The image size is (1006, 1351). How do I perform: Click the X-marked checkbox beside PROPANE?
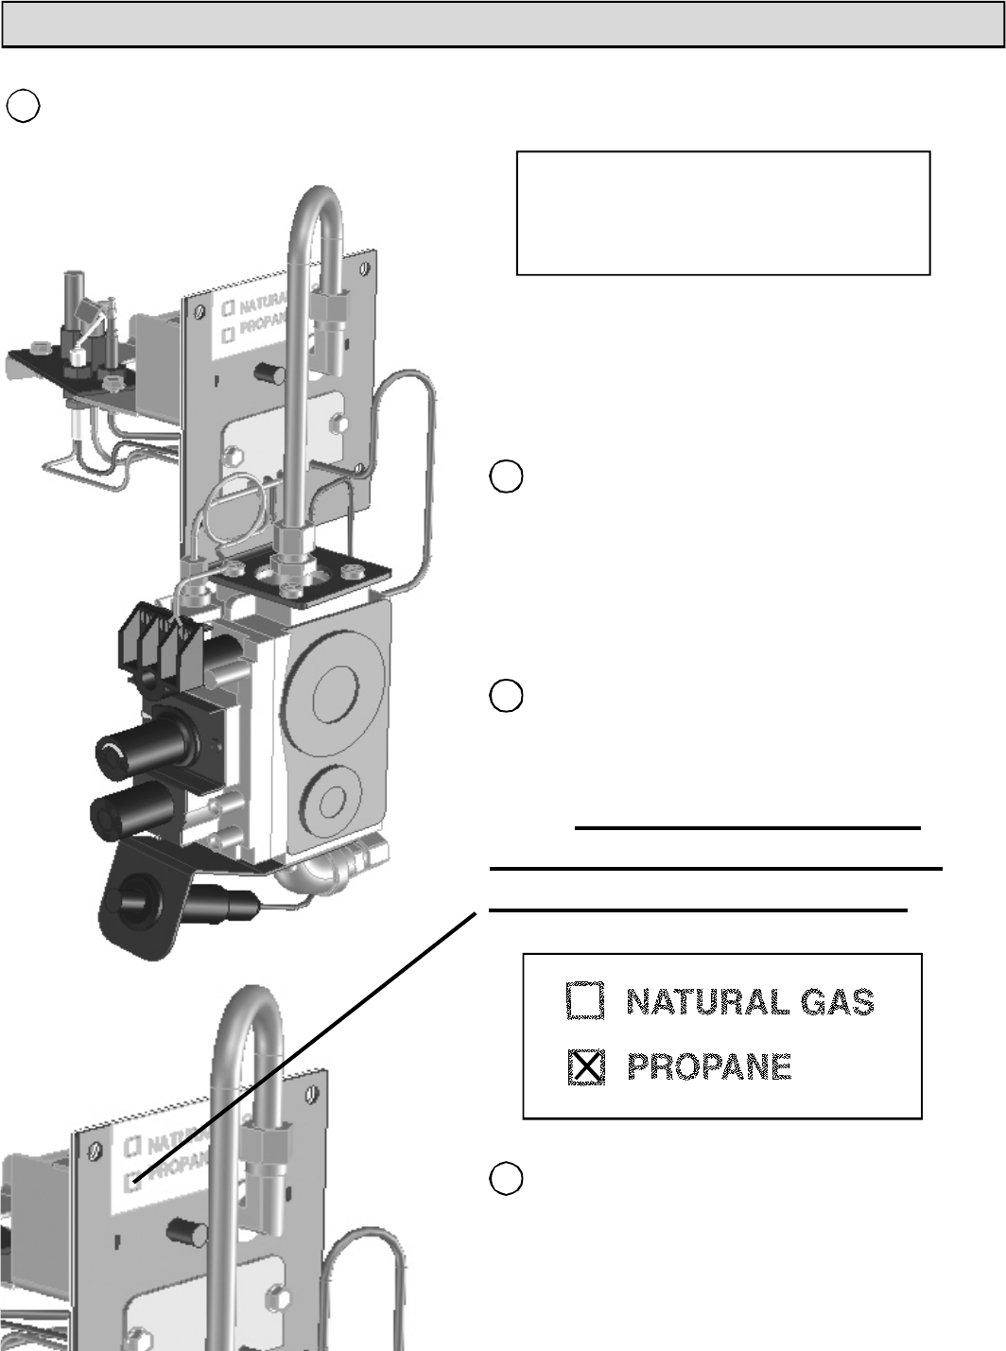tap(586, 1067)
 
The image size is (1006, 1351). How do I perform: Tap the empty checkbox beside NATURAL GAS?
tap(585, 1001)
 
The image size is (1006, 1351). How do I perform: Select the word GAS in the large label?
tap(838, 1001)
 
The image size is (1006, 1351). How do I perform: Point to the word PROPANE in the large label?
tap(709, 1067)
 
